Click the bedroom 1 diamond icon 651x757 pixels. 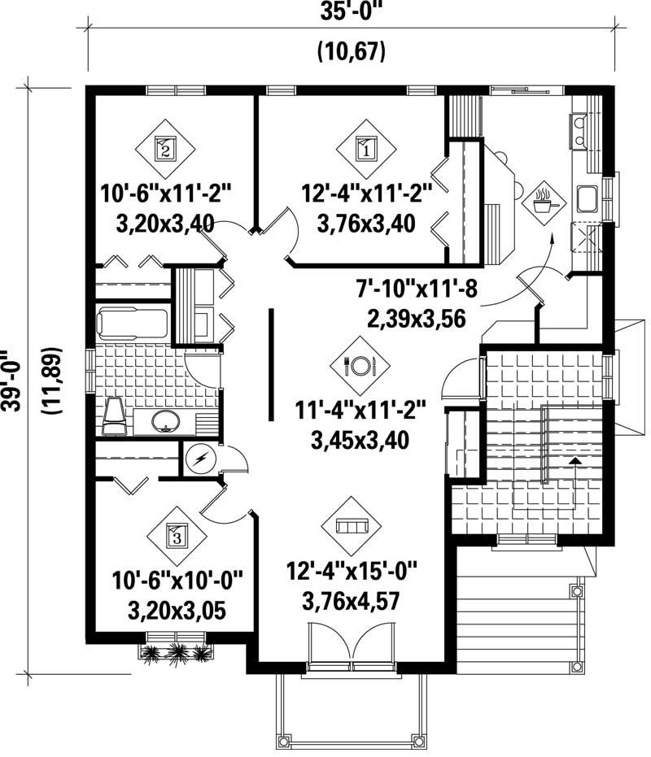tap(365, 148)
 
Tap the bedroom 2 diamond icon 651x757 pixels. tap(165, 148)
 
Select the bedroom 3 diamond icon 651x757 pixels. tap(177, 535)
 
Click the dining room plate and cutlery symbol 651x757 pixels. tap(360, 366)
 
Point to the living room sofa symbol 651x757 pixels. tap(352, 526)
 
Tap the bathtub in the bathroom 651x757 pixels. tap(133, 323)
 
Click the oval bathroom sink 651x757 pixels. tap(166, 420)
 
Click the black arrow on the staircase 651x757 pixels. tap(575, 462)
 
